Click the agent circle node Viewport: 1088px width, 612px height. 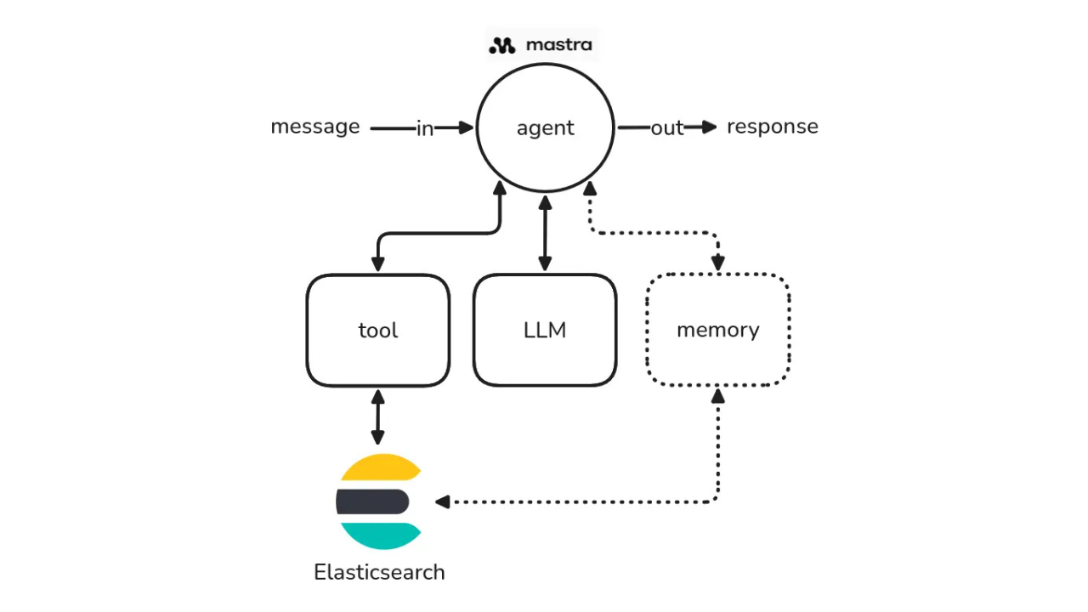tap(545, 127)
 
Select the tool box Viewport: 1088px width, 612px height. tap(377, 330)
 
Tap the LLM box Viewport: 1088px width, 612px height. tap(545, 330)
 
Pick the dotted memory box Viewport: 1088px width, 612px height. tap(718, 330)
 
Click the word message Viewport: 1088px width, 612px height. tap(315, 127)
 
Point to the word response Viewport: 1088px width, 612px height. tap(772, 127)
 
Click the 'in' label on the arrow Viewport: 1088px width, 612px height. tap(425, 128)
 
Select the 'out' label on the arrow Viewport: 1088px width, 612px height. tap(667, 128)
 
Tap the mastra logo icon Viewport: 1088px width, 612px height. tap(502, 45)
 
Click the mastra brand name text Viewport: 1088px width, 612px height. tap(558, 44)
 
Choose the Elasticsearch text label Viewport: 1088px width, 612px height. tap(379, 572)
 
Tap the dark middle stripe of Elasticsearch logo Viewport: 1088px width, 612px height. tap(373, 501)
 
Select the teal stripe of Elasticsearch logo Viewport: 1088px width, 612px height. tap(379, 535)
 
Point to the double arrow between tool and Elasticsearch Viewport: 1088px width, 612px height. tap(377, 417)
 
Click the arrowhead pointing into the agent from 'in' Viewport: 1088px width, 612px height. tap(466, 127)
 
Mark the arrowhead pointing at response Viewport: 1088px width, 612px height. tap(710, 127)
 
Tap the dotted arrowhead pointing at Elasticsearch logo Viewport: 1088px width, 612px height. tap(442, 502)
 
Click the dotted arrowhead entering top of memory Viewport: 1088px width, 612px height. tap(718, 263)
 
